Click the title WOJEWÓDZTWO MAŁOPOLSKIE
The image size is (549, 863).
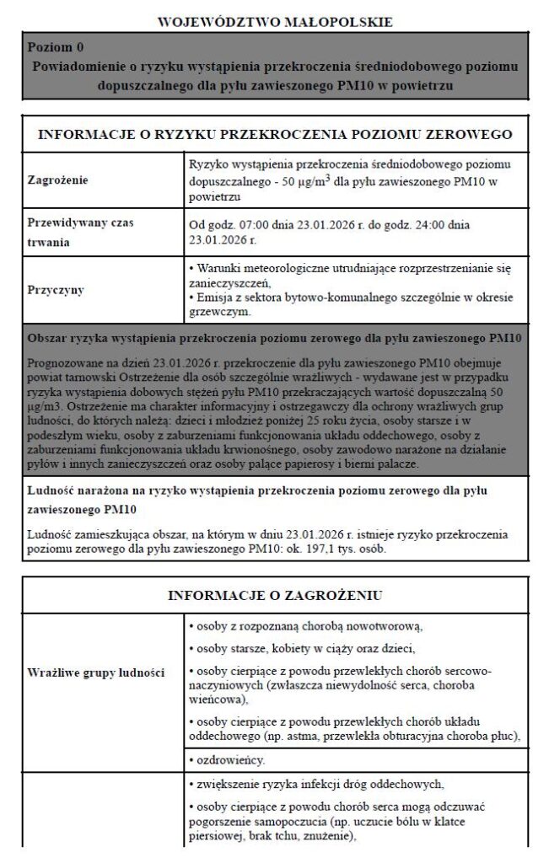click(274, 21)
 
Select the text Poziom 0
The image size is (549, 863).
click(55, 47)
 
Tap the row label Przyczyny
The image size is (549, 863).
click(56, 289)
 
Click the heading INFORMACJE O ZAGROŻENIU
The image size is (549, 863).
click(274, 595)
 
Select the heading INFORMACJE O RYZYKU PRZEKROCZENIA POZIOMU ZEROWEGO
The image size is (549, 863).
click(274, 134)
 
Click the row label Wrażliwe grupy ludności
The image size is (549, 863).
click(95, 673)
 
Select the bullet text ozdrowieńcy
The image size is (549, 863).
click(228, 759)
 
